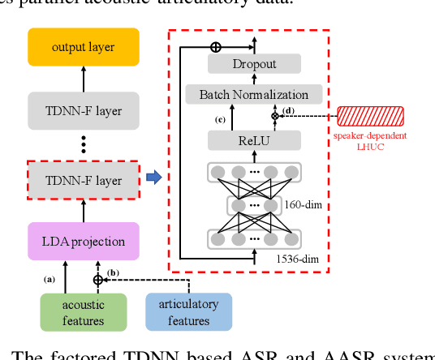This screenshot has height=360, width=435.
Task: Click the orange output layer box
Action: (x=84, y=47)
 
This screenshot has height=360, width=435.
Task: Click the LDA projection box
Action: (x=84, y=241)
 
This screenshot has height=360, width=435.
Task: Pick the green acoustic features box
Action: (x=84, y=312)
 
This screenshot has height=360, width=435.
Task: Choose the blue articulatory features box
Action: (x=188, y=312)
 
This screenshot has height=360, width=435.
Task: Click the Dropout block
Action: (x=254, y=64)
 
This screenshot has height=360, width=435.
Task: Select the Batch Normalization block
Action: (x=254, y=95)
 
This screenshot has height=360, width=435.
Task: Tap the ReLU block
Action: (x=254, y=141)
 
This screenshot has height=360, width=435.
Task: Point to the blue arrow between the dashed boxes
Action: (x=153, y=178)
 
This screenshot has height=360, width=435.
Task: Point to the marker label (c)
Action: (x=220, y=120)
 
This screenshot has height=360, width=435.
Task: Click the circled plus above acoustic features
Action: (x=98, y=279)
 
